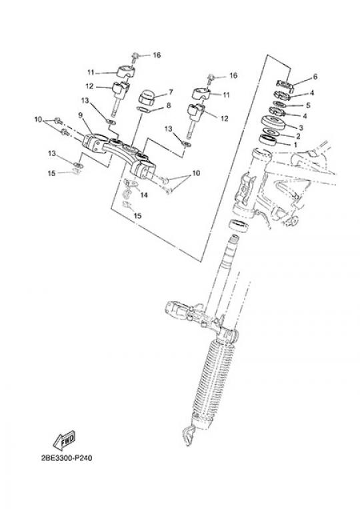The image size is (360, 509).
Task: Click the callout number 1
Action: (295, 145)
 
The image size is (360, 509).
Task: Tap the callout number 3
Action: (301, 128)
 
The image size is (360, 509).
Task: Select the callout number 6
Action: (315, 77)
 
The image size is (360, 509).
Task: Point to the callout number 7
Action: (171, 93)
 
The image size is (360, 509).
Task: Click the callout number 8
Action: (169, 105)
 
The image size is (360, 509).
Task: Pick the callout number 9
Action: (81, 115)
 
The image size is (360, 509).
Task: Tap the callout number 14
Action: (144, 195)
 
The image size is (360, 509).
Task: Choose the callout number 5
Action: (308, 105)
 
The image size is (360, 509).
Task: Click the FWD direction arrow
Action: (64, 440)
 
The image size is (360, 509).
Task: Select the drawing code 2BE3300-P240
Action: (67, 458)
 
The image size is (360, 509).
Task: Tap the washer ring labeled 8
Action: (143, 109)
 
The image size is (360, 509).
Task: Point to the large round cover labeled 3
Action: (273, 123)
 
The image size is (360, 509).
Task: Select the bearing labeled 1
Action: (268, 139)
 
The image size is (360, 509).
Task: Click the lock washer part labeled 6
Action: (285, 85)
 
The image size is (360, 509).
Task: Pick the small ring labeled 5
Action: (279, 105)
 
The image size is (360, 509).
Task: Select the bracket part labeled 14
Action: (131, 184)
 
